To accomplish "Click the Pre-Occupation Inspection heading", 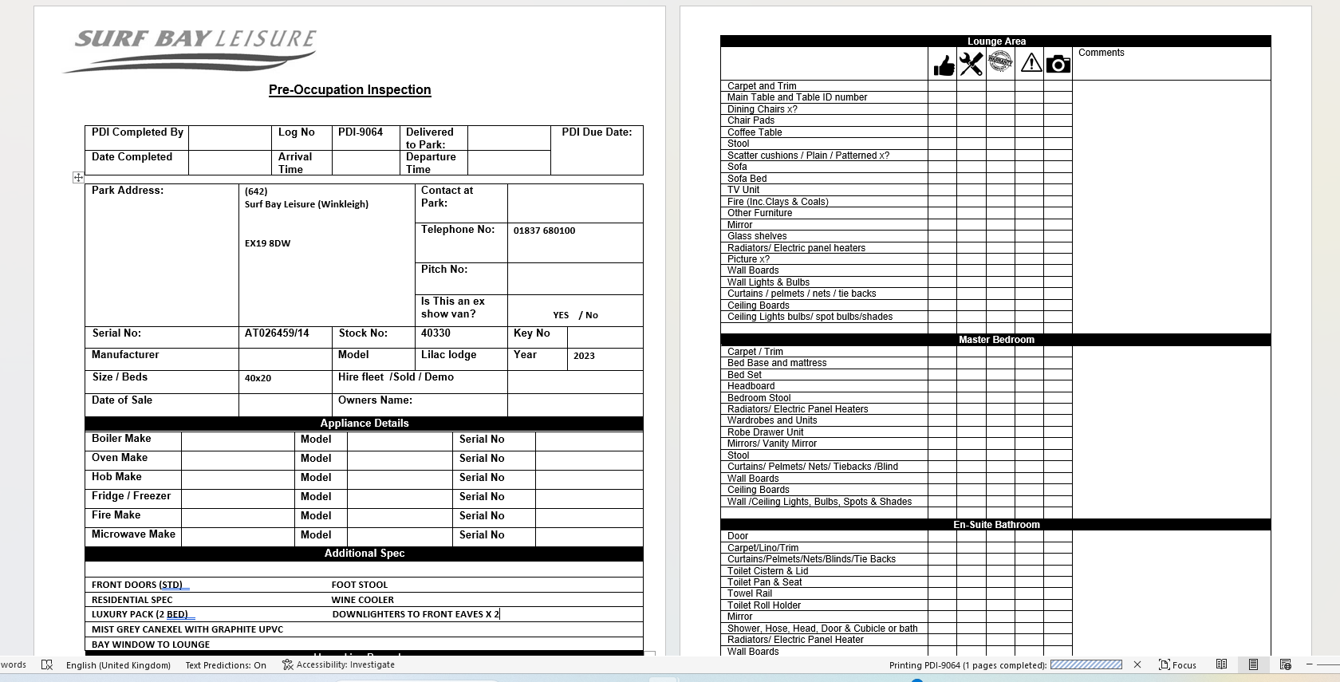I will point(349,90).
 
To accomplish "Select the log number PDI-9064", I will point(361,132).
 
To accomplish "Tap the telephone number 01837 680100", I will point(544,231).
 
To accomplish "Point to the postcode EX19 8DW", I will point(267,243).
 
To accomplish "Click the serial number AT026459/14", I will point(277,333).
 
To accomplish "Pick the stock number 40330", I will point(436,333).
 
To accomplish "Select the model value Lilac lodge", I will point(448,355).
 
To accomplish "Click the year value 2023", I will point(584,356).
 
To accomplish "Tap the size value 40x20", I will point(258,378).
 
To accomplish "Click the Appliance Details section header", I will point(364,424).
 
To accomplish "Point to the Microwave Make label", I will point(133,534).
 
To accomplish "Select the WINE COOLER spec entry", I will point(363,600).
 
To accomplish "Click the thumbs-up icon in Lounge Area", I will point(944,65).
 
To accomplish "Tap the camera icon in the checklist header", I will point(1058,64).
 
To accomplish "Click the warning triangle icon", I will point(1031,62).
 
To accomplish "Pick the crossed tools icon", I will point(972,64).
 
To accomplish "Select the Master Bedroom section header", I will point(996,340).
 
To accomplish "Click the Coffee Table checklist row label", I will point(755,132).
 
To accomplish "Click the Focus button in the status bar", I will point(1177,665).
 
